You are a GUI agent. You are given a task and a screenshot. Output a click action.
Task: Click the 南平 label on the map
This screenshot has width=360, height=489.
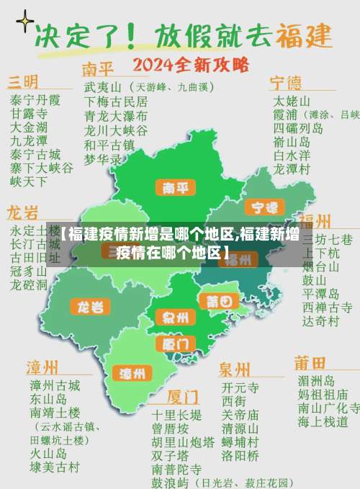[175, 189]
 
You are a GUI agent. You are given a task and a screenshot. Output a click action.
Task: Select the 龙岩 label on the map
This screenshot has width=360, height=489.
[90, 307]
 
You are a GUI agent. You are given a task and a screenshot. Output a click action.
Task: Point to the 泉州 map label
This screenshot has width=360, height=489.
[175, 317]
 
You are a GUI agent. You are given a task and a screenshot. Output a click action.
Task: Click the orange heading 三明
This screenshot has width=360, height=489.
[23, 81]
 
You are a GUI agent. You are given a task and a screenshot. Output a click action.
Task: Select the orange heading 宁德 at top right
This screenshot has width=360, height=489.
[286, 81]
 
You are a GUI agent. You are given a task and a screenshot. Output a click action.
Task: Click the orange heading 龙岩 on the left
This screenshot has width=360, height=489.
[22, 212]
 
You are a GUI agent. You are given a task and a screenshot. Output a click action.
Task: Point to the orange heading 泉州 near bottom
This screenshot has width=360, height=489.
[235, 369]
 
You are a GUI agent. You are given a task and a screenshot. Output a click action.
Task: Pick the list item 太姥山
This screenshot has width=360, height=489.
[292, 100]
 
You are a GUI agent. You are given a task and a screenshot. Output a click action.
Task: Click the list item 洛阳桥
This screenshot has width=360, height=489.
[240, 455]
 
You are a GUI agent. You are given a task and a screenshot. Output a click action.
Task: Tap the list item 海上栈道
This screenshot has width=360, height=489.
[323, 421]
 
